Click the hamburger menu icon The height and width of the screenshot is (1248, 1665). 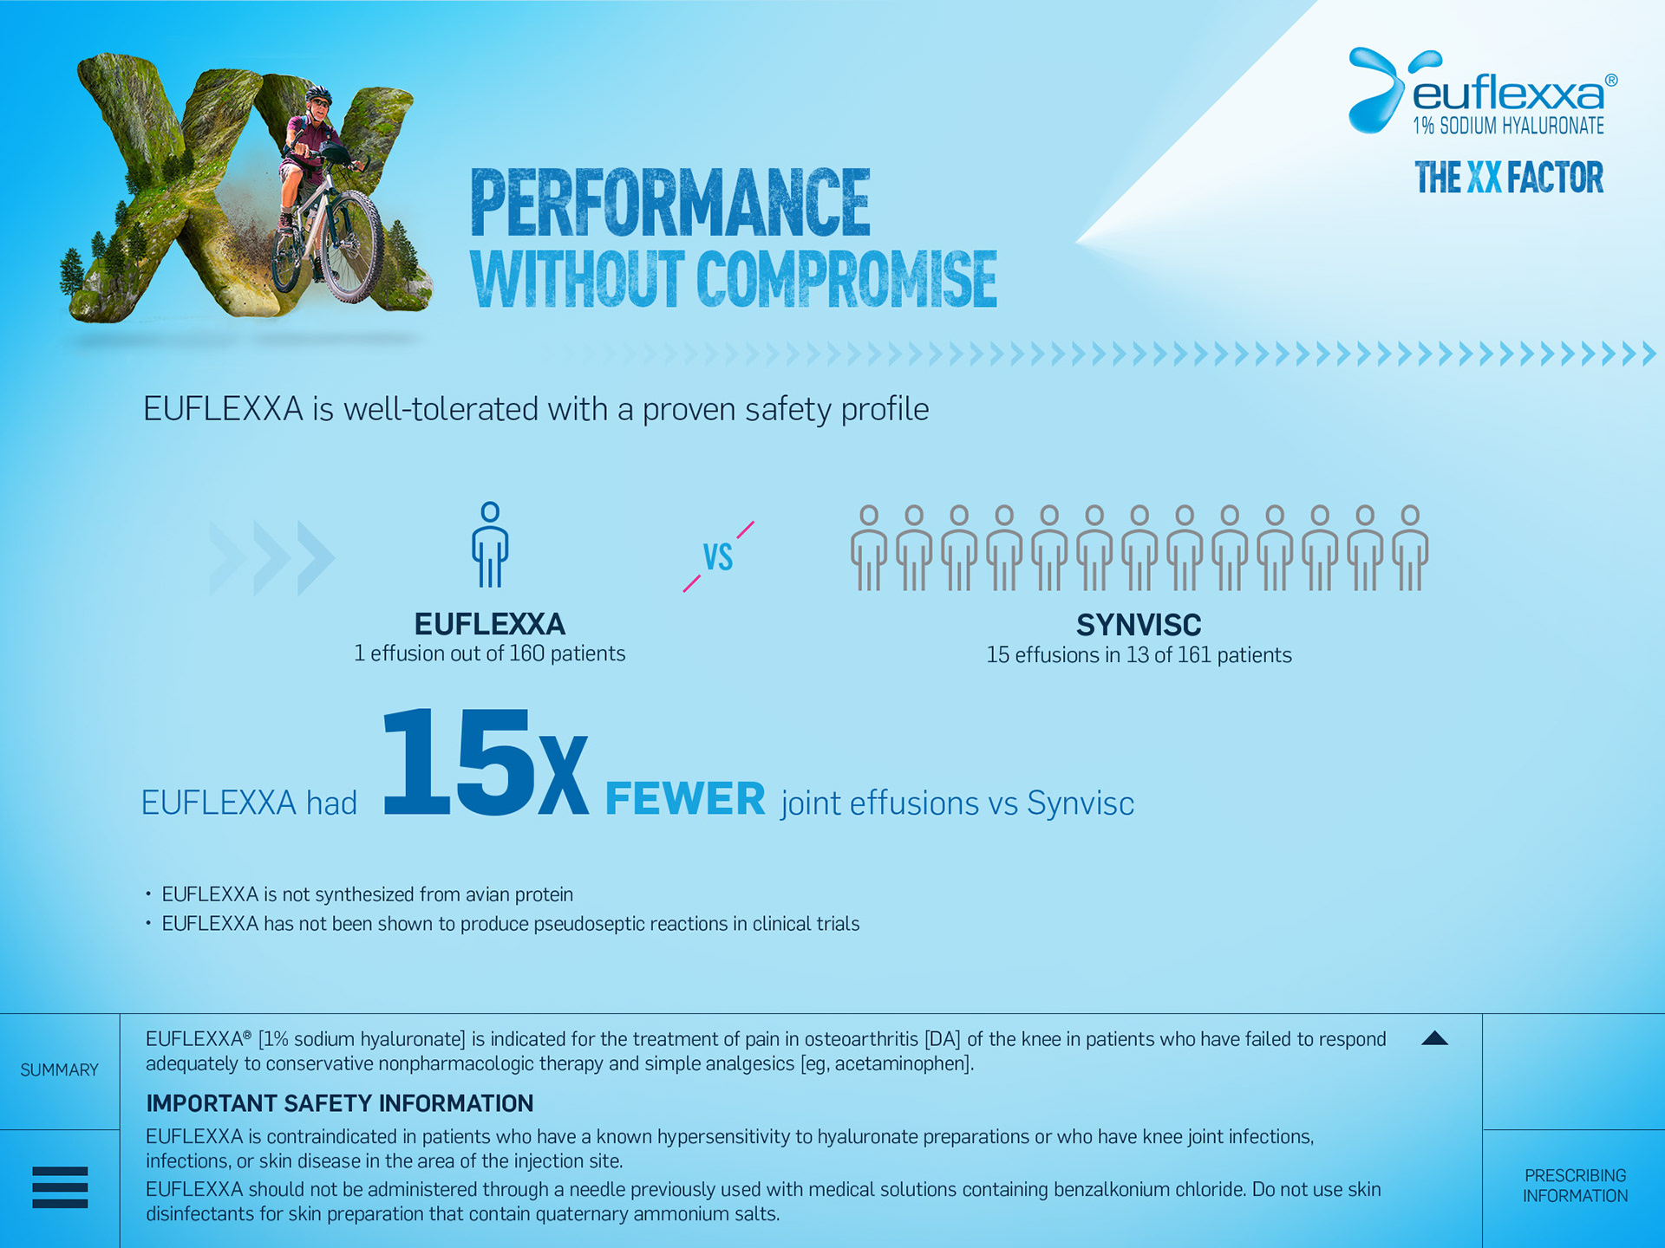pos(60,1186)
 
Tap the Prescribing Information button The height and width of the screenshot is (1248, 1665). pos(1575,1186)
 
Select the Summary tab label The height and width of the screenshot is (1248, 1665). pos(60,1070)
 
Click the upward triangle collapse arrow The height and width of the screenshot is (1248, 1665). pos(1435,1038)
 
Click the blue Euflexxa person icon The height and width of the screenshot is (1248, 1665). pos(490,544)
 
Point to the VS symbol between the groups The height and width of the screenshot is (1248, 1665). pos(718,556)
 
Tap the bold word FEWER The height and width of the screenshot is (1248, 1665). pos(685,798)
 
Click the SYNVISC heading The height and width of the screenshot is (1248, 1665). pos(1139,625)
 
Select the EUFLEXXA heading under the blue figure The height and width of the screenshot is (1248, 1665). pos(490,624)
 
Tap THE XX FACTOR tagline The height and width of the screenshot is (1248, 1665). pos(1509,178)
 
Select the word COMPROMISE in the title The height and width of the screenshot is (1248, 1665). pos(846,279)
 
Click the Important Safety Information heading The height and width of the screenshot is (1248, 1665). pos(340,1103)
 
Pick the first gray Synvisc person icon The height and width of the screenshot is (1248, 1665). pos(869,549)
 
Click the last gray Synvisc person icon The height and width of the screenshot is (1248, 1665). pos(1410,549)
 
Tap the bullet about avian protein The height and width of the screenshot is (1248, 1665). pos(368,894)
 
